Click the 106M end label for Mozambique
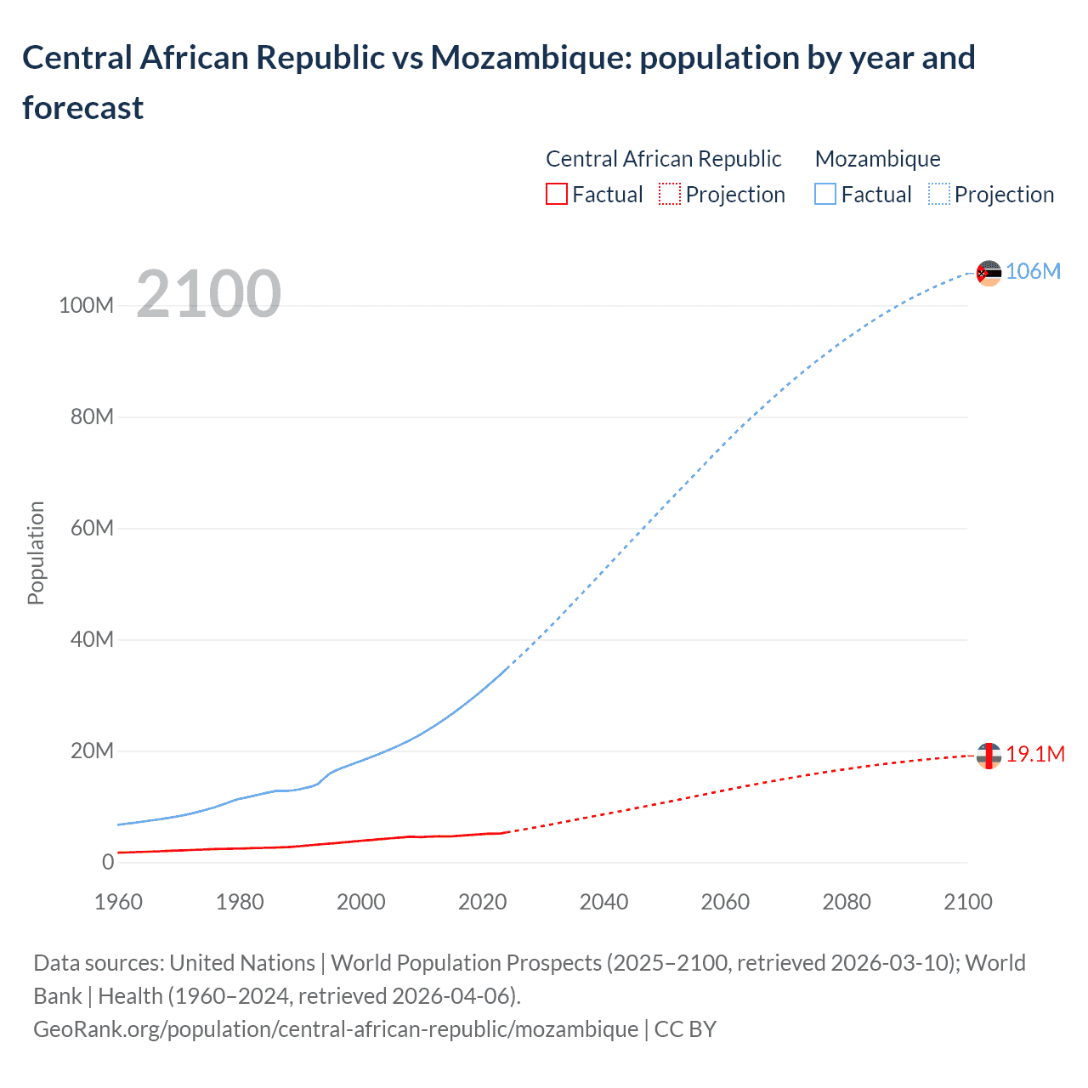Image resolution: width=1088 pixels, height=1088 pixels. [x=1033, y=271]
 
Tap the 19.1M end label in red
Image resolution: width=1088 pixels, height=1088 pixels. [x=1035, y=754]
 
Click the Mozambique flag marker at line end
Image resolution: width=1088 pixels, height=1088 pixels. [x=989, y=273]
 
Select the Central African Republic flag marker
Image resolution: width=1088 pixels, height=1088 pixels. [x=989, y=755]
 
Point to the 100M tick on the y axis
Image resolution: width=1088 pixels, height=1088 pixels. [x=86, y=305]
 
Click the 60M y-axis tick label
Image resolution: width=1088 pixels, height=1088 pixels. [x=92, y=528]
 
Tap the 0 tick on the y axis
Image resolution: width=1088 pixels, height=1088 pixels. [x=108, y=862]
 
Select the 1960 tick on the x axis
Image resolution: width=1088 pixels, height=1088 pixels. [x=118, y=902]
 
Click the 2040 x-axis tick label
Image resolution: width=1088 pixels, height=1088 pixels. [x=603, y=902]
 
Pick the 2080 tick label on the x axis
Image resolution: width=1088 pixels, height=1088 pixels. [x=846, y=902]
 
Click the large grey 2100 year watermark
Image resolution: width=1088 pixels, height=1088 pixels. [x=208, y=294]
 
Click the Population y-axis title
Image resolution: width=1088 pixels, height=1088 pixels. [x=36, y=552]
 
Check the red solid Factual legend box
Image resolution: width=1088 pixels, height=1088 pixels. [x=556, y=194]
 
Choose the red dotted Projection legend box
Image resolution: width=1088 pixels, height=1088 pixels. [x=670, y=194]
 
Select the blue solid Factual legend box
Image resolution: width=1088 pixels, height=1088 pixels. [x=824, y=194]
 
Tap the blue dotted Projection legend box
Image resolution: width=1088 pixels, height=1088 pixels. [x=938, y=194]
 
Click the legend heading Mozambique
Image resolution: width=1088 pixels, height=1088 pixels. [x=877, y=159]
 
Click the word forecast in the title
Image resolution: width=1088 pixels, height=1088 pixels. [x=82, y=108]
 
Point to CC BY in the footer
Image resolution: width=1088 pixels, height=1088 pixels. [x=685, y=1028]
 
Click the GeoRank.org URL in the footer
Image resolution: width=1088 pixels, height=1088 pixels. [x=336, y=1028]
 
